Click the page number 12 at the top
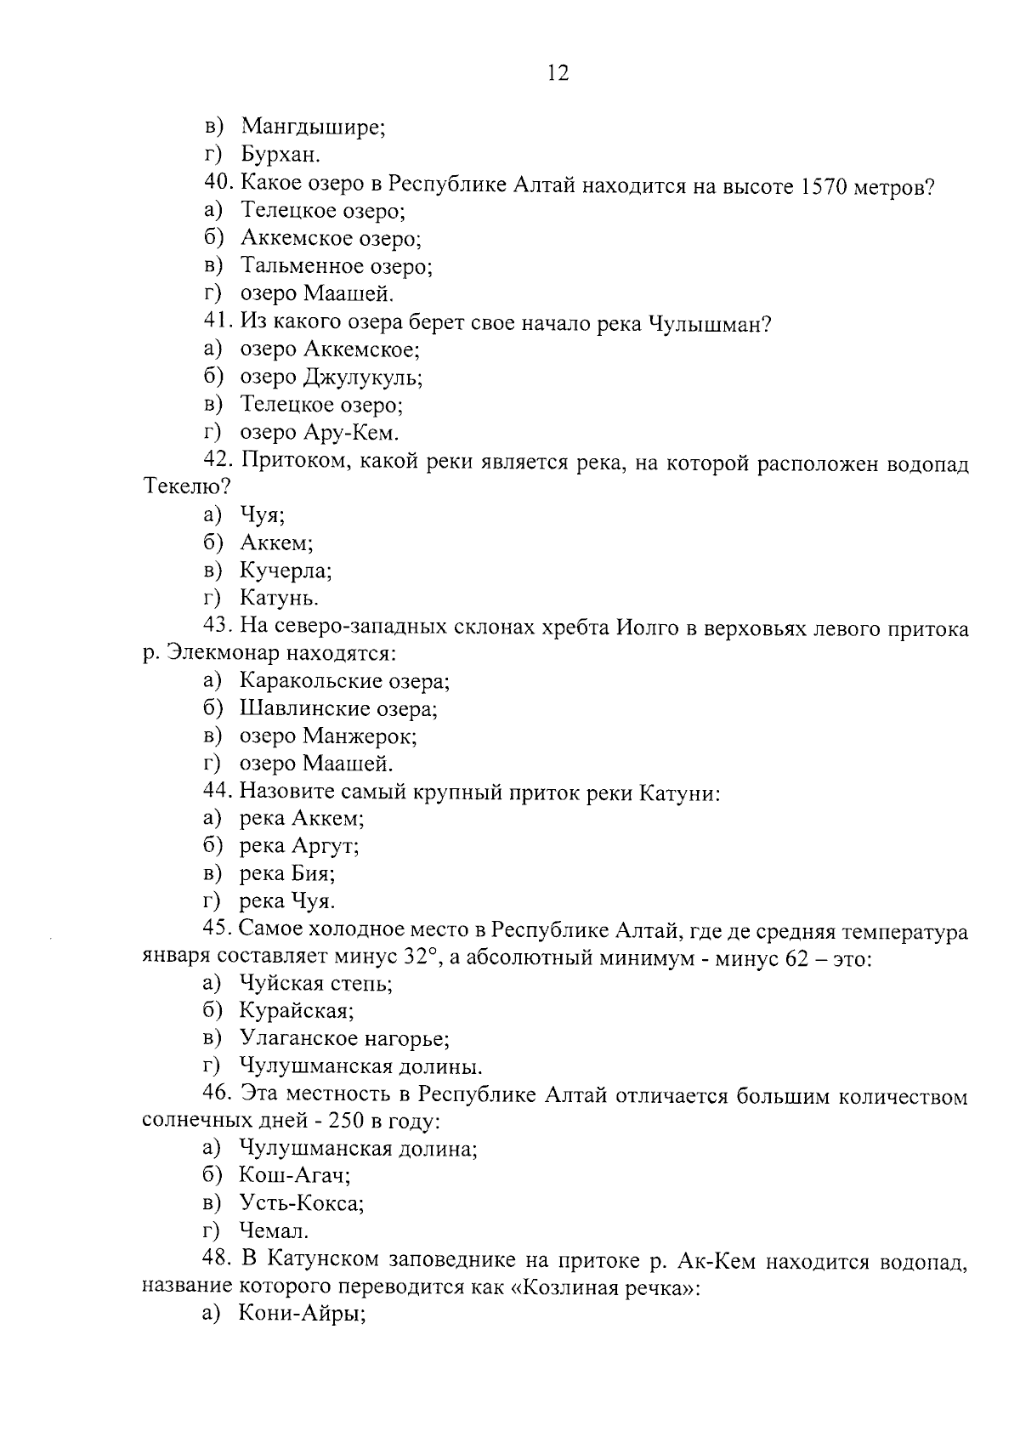tap(558, 73)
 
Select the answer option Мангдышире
tap(313, 128)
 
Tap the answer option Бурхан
tap(280, 155)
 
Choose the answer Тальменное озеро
tap(337, 266)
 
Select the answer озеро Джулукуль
tap(331, 377)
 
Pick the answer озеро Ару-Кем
tap(319, 432)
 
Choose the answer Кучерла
tap(286, 570)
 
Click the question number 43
tap(218, 628)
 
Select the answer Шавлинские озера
tap(338, 708)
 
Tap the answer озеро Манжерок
tap(328, 736)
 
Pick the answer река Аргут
tap(299, 845)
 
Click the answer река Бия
tap(287, 872)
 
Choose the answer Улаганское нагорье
tap(344, 1038)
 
